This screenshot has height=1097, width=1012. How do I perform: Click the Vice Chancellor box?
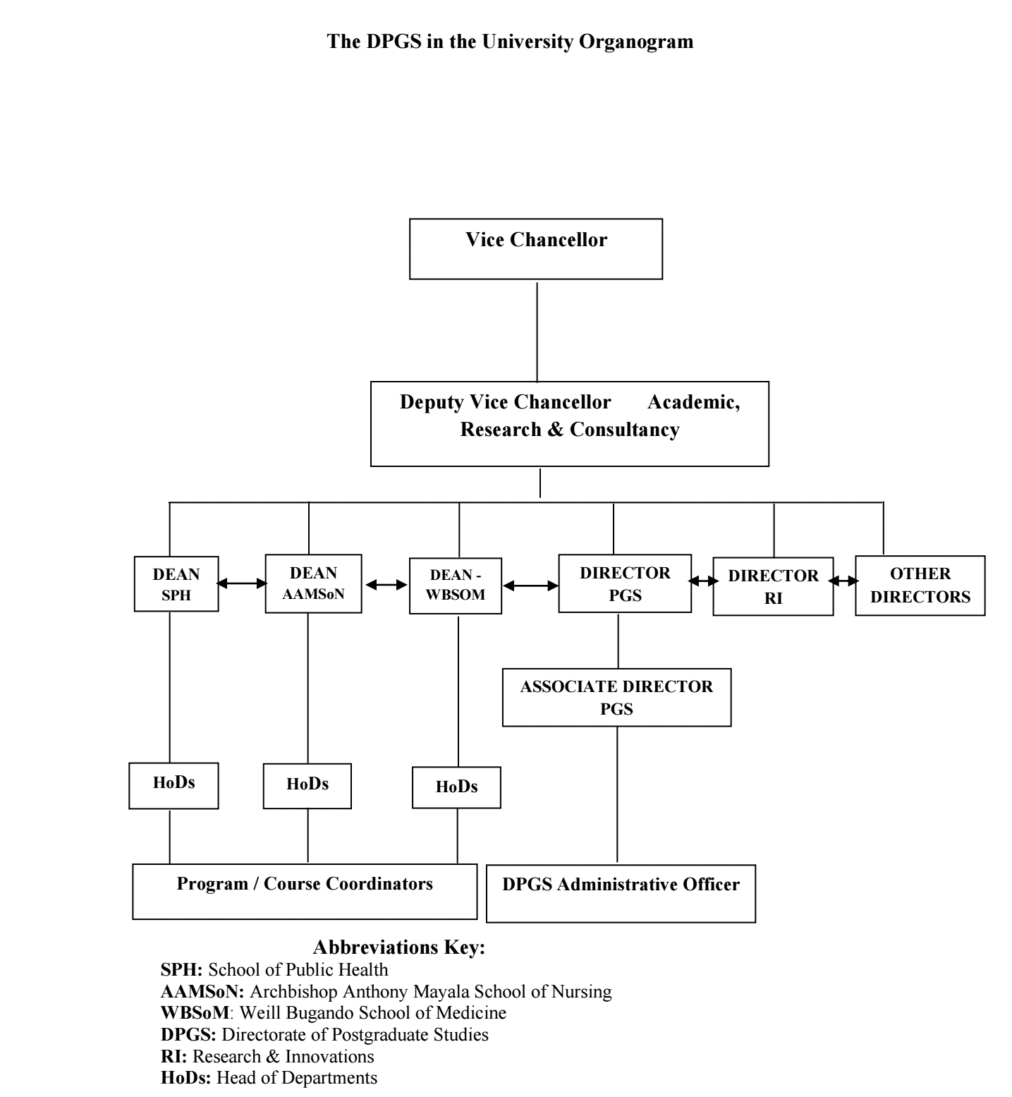click(x=536, y=249)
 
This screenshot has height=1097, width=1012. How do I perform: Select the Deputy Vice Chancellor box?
click(x=570, y=424)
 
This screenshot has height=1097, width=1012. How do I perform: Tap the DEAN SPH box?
click(x=176, y=583)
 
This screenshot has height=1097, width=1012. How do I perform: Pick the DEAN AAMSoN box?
click(x=314, y=583)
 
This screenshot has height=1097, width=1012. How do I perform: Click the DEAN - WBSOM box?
click(x=456, y=586)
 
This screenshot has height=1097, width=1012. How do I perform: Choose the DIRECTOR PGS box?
click(x=625, y=583)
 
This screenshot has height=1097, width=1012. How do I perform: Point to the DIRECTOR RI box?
click(x=773, y=586)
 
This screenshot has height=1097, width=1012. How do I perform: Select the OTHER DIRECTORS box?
click(x=920, y=586)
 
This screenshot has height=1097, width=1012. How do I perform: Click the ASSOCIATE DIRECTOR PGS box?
click(x=617, y=698)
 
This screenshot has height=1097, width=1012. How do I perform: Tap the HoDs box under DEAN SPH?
click(x=173, y=785)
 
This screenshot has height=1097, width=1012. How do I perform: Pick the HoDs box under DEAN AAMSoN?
click(x=307, y=786)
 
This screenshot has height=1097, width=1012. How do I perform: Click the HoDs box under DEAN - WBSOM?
click(x=456, y=787)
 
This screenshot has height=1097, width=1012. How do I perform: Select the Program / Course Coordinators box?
click(x=305, y=891)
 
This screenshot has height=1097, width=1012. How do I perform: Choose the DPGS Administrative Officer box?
click(x=621, y=893)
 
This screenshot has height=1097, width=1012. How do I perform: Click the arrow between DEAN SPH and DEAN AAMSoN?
click(x=242, y=583)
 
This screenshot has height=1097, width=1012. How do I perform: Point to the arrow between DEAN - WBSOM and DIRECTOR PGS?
click(x=530, y=585)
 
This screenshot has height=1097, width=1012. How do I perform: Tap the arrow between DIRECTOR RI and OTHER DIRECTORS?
click(x=844, y=581)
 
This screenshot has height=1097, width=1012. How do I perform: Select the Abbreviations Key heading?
click(x=399, y=947)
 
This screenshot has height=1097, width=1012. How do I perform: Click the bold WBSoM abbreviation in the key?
click(x=195, y=1013)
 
